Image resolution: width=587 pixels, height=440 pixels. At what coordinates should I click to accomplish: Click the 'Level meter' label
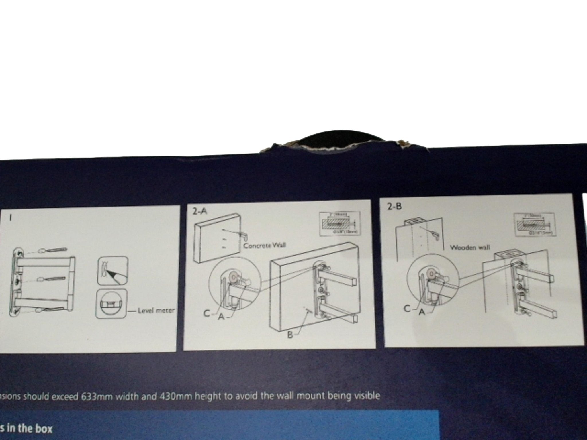point(156,310)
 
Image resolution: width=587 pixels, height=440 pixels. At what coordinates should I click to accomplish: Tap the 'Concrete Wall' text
point(264,246)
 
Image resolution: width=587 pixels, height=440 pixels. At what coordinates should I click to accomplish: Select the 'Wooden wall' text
point(469,248)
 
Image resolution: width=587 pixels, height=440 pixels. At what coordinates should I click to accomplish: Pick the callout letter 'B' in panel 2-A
point(290,335)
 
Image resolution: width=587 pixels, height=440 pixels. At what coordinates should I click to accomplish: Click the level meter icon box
point(111,304)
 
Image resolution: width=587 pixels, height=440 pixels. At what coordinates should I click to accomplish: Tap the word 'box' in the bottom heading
point(43,429)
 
